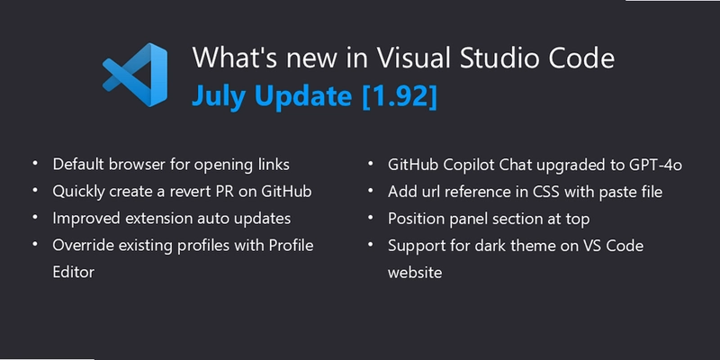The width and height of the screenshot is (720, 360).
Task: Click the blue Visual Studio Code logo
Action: (134, 75)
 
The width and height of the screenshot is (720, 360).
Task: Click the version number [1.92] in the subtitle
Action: (399, 95)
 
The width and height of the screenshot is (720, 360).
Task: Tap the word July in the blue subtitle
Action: (217, 96)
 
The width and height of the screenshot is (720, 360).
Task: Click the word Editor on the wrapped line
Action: (74, 272)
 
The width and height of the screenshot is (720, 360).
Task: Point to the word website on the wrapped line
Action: (415, 273)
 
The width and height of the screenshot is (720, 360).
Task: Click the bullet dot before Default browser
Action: (35, 163)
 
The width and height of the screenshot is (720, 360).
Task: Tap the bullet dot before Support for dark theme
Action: (371, 244)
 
